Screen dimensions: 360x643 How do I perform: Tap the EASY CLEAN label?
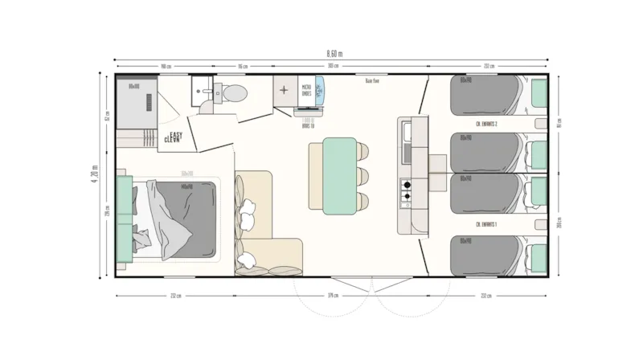pyautogui.click(x=173, y=137)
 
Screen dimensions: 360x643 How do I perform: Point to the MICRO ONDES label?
pyautogui.click(x=306, y=91)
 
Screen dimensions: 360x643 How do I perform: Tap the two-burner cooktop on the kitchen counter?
pyautogui.click(x=406, y=190)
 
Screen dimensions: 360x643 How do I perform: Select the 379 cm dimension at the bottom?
pyautogui.click(x=334, y=294)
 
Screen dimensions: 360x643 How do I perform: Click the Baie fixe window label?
pyautogui.click(x=371, y=80)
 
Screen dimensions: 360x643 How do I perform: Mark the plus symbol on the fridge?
pyautogui.click(x=285, y=91)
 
